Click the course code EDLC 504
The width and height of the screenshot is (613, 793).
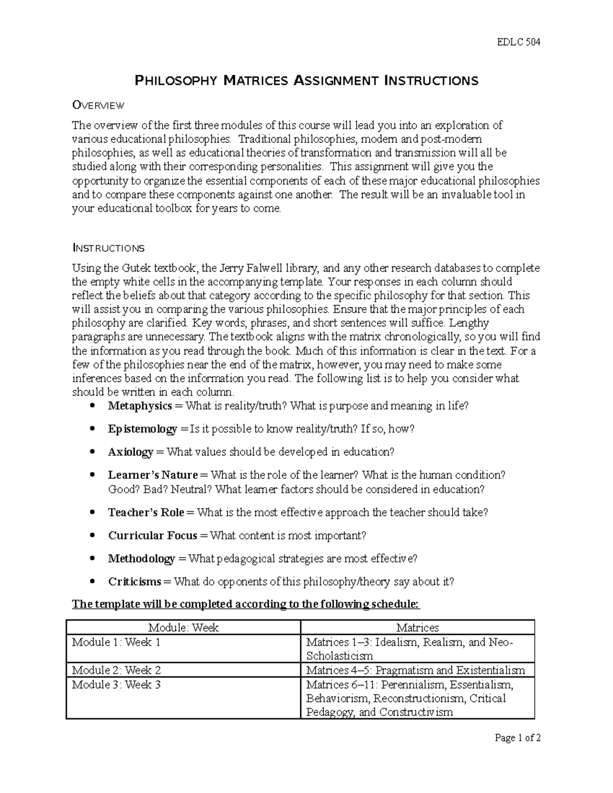coord(518,42)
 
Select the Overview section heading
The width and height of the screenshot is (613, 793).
coord(98,106)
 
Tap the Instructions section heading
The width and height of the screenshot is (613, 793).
coord(108,249)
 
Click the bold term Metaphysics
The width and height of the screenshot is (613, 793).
coord(139,406)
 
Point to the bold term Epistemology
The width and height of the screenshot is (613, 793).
coord(142,429)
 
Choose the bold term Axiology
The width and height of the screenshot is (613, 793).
coord(130,452)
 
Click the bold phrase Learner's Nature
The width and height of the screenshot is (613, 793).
coord(153,475)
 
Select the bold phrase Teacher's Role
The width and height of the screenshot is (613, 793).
coord(146,512)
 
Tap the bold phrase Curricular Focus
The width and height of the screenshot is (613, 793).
coord(152,535)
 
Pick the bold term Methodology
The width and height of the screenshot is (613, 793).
coord(141,559)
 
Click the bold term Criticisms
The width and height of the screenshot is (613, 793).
coord(135,582)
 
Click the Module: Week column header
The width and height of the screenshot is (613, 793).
coord(183,628)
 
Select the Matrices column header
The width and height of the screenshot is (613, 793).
coord(417,628)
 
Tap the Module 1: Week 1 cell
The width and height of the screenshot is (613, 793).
coord(116,642)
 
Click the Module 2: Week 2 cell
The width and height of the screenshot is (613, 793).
coord(116,670)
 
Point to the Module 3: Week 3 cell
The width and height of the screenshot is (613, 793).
coord(116,685)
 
